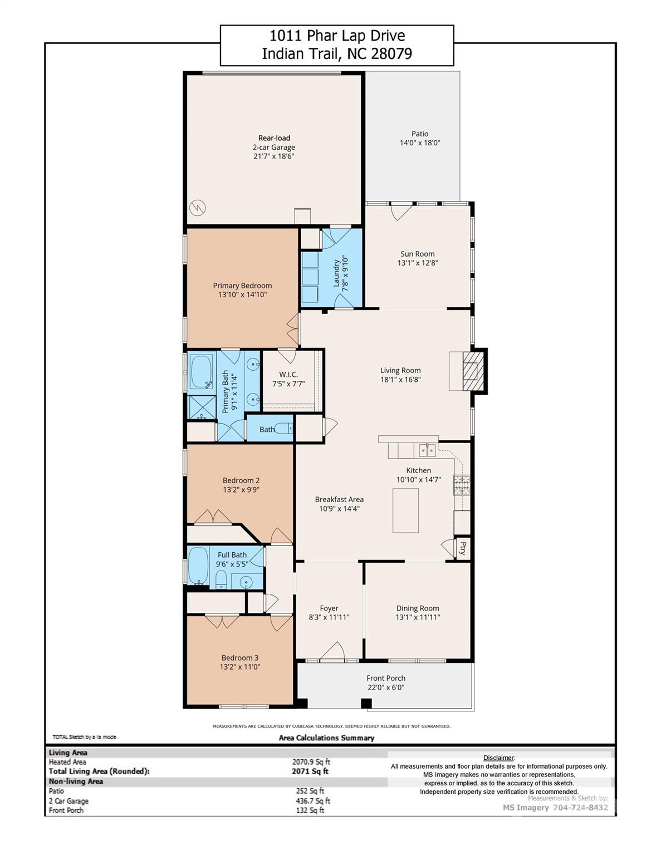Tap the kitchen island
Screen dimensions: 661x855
coord(405,510)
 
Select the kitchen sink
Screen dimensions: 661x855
coord(427,450)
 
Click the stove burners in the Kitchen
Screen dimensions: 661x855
coord(462,485)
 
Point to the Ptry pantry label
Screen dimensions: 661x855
coord(463,548)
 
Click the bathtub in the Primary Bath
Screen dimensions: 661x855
coord(202,372)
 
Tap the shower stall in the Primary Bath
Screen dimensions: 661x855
coord(202,407)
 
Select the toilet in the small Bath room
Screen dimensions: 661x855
coord(282,428)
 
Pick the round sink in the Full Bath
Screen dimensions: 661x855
coord(246,581)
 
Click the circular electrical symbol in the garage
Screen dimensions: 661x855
coord(198,208)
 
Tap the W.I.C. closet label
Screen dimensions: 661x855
coord(288,375)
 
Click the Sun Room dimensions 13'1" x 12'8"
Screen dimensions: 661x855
coord(418,263)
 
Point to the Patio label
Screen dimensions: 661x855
coord(420,134)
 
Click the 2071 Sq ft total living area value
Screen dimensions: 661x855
coord(310,771)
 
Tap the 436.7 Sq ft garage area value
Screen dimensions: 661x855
coord(313,800)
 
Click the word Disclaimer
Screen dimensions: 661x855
coord(498,758)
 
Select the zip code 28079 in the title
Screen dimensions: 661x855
coord(391,53)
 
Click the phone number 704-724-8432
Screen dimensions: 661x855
coord(580,808)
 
